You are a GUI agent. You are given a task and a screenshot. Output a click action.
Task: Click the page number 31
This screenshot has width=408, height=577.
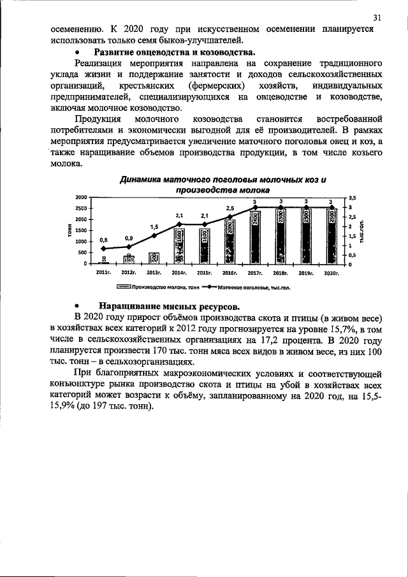click(x=377, y=17)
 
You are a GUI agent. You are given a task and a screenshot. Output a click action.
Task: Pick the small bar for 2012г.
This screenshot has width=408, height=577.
click(x=129, y=258)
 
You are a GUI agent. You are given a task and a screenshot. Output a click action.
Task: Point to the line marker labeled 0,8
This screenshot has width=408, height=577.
click(x=103, y=249)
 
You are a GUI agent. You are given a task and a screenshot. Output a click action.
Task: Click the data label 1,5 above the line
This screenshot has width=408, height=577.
click(x=154, y=226)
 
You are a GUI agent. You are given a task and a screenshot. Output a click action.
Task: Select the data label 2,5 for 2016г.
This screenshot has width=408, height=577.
click(x=229, y=208)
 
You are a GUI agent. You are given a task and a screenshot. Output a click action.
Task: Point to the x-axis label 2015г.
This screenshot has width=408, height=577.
click(x=205, y=272)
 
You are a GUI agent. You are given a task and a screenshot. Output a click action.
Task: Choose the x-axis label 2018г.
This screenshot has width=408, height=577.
click(x=280, y=272)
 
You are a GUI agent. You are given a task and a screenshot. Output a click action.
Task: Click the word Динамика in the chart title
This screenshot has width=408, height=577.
click(x=143, y=180)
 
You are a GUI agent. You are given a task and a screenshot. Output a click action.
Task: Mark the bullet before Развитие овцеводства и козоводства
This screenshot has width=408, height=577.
click(x=77, y=52)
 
